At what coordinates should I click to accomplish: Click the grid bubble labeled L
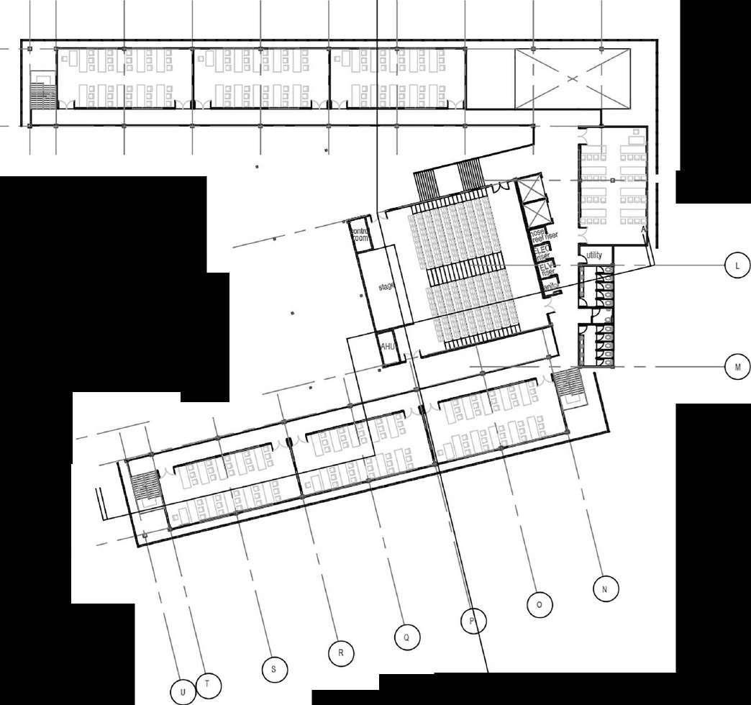(736, 265)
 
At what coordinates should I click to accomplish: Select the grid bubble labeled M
(737, 367)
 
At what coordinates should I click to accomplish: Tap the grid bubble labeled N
(605, 588)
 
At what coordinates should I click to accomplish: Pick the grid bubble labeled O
(539, 604)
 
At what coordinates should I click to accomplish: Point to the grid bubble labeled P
(472, 621)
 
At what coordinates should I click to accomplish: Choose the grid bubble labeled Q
(406, 637)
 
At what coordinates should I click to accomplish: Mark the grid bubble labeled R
(340, 653)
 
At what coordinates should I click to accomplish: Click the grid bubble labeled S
(273, 669)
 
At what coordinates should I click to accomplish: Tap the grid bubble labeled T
(207, 684)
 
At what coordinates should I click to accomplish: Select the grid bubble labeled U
(183, 692)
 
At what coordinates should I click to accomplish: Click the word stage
(387, 286)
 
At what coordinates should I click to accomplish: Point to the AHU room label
(388, 346)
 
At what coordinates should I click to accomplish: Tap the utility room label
(594, 255)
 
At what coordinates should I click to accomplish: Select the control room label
(358, 235)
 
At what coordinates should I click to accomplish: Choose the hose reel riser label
(544, 235)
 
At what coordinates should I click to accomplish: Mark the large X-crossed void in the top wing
(573, 78)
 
